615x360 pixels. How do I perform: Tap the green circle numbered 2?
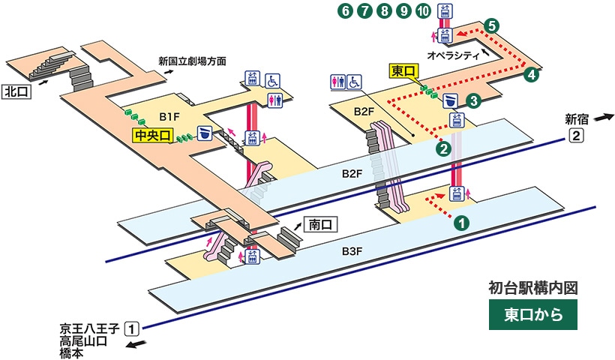click(444, 148)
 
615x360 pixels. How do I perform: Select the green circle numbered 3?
click(473, 100)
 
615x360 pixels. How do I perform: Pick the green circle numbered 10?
click(423, 11)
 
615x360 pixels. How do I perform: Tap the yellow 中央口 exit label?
click(152, 135)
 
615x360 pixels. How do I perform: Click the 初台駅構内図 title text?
click(532, 287)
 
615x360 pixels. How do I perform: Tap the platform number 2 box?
click(576, 136)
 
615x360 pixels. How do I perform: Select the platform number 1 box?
click(131, 328)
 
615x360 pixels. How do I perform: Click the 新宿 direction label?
click(577, 118)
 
